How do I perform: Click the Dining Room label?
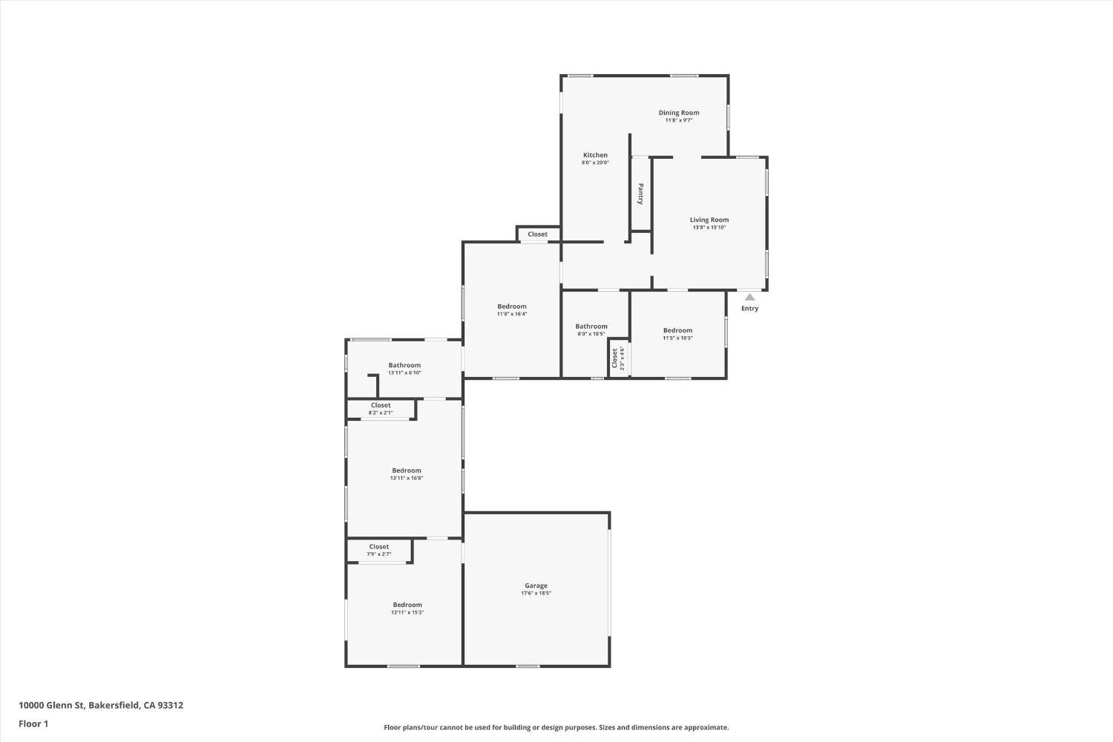pyautogui.click(x=679, y=113)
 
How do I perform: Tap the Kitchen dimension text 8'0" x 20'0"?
pyautogui.click(x=595, y=162)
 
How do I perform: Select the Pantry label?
pyautogui.click(x=641, y=194)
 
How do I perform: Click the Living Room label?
pyautogui.click(x=709, y=220)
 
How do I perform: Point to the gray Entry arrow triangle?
pyautogui.click(x=749, y=297)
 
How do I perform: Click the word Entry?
pyautogui.click(x=749, y=309)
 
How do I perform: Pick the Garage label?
pyautogui.click(x=536, y=585)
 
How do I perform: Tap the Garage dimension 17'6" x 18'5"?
pyautogui.click(x=536, y=594)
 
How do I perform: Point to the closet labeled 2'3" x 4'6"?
pyautogui.click(x=617, y=358)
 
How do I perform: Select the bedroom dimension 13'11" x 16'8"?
pyautogui.click(x=407, y=479)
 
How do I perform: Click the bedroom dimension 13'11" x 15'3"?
pyautogui.click(x=407, y=613)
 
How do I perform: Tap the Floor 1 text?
pyautogui.click(x=33, y=723)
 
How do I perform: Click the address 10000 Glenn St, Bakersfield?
pyautogui.click(x=101, y=706)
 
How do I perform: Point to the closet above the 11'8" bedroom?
pyautogui.click(x=538, y=234)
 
